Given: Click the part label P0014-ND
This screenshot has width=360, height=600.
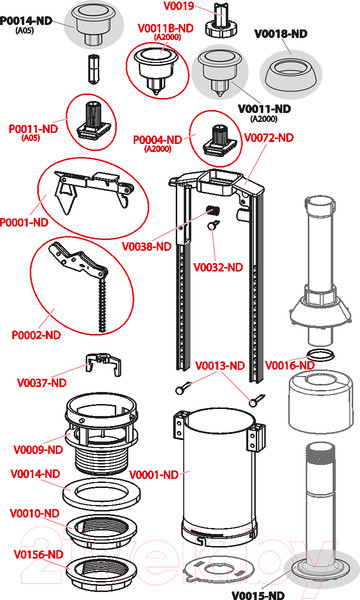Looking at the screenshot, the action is (26, 21).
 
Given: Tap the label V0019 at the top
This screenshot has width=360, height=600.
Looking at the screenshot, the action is (179, 6).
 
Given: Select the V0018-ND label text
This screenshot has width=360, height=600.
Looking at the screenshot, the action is (281, 34).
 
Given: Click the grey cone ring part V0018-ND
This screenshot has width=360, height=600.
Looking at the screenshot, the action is (290, 73).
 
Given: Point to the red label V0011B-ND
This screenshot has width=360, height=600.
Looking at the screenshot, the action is (165, 28).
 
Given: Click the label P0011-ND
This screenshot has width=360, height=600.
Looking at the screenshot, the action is (33, 129).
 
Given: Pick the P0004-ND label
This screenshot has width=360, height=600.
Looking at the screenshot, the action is (157, 140).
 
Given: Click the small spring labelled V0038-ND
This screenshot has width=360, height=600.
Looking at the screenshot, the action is (212, 210).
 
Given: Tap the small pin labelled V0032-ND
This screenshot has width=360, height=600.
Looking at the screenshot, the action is (212, 226).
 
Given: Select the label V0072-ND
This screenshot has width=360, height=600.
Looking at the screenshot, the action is (269, 138).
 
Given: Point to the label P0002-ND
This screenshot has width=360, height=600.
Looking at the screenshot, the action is (36, 335).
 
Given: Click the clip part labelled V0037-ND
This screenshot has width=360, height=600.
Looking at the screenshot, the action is (104, 364).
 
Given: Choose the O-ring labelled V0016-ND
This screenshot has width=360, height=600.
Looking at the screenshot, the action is (320, 355).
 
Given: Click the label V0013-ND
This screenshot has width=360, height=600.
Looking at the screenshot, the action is (220, 366).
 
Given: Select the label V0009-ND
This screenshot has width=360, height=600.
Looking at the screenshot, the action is (38, 450).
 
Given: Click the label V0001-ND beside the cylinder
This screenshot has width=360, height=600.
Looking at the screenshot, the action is (154, 475).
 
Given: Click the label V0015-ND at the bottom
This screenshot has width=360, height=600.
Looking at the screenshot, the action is (258, 595).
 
